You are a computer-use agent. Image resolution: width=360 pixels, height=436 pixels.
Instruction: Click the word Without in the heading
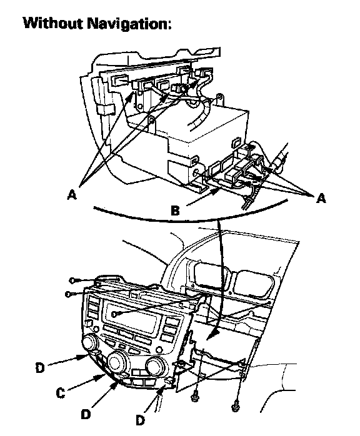coord(53,23)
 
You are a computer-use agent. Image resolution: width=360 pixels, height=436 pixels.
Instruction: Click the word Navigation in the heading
coord(127,24)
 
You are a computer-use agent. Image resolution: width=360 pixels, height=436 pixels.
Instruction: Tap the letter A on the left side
coord(72,194)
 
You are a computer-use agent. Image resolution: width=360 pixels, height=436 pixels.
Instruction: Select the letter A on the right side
coord(321,198)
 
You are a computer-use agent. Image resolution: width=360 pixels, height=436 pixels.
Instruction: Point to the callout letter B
coord(175,211)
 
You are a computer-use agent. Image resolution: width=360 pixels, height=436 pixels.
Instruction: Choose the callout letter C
coord(61,393)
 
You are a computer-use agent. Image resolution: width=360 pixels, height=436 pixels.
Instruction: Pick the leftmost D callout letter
coord(40,368)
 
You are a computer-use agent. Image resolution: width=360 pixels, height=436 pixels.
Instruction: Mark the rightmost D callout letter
coord(140,420)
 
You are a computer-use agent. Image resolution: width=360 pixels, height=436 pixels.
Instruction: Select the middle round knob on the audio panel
coord(117,362)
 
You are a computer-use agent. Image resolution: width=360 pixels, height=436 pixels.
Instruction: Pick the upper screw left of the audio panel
coord(73,280)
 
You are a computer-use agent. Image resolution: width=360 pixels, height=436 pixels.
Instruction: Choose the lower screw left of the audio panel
coord(69,294)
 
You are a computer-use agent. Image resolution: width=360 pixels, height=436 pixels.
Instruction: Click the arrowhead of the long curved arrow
coord(212,335)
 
